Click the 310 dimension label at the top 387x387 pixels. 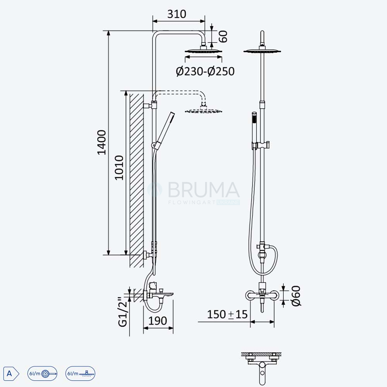(177, 14)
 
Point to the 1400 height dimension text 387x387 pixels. (102, 142)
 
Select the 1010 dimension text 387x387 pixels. (119, 168)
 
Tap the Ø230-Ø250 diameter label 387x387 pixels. (205, 71)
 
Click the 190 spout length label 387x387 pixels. (158, 321)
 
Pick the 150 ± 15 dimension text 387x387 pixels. (227, 314)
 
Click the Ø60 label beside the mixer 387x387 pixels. (296, 296)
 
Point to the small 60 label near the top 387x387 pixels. (223, 36)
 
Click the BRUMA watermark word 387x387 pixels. (204, 190)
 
